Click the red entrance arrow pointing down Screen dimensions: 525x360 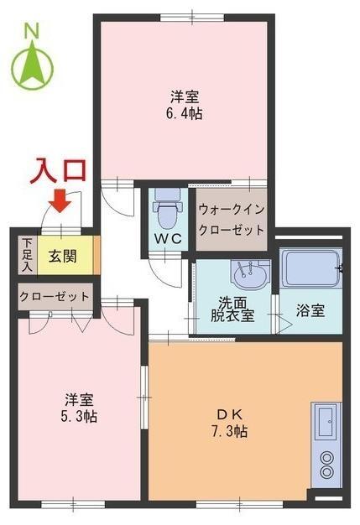click(60, 201)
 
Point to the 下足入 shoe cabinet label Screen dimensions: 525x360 click(26, 255)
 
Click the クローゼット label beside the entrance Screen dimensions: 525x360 click(54, 296)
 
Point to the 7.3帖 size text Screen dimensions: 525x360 click(229, 431)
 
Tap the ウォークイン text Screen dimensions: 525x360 click(232, 209)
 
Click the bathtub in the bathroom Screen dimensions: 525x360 click(309, 268)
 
